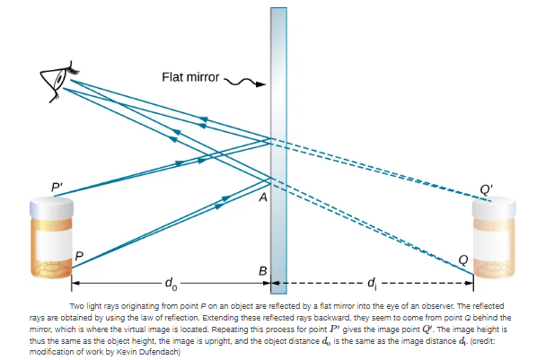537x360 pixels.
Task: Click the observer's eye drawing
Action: coord(59,82)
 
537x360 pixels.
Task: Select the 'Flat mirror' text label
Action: coord(190,77)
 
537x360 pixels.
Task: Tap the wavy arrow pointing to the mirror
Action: coord(245,83)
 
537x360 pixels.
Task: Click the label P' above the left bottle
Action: coord(57,188)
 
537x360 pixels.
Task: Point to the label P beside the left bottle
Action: coord(79,256)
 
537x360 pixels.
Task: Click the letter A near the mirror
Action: coord(263,198)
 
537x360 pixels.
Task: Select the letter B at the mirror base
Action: coord(262,271)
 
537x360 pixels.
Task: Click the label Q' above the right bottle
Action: coord(487,189)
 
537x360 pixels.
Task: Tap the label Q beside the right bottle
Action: coord(463,260)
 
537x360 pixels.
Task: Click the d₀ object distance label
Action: coord(171,284)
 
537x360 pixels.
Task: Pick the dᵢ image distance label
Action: coord(372,284)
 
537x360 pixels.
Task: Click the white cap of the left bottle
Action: coord(51,206)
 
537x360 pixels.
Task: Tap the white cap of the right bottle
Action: coord(494,207)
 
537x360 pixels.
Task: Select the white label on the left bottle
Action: coord(53,244)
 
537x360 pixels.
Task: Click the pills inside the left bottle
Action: coord(51,268)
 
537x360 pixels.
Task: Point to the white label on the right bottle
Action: coord(492,245)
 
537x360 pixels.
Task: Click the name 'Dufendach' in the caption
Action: coord(157,352)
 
